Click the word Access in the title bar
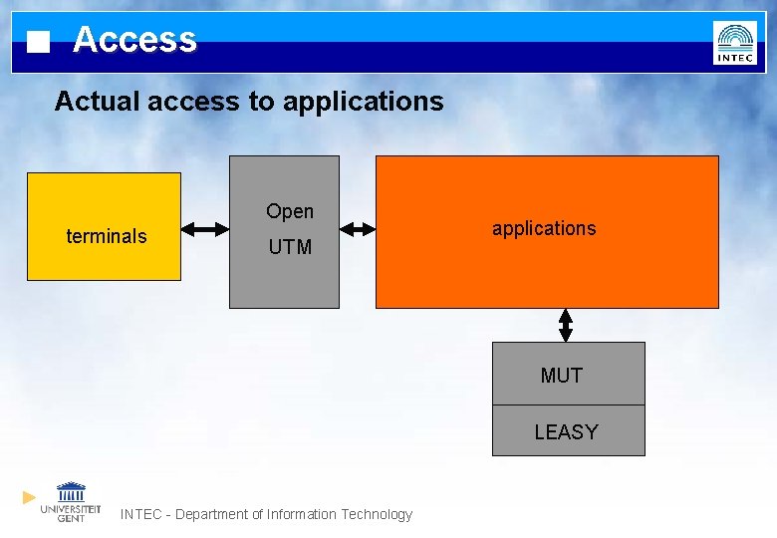point(134,40)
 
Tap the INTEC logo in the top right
point(734,43)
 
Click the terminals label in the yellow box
point(106,236)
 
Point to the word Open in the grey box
point(290,211)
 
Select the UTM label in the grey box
point(290,247)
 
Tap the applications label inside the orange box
point(544,228)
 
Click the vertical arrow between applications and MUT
point(566,325)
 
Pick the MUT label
point(561,376)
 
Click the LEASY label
point(566,432)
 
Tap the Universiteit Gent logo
point(71,501)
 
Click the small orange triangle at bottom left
point(30,496)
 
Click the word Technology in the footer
point(377,514)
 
